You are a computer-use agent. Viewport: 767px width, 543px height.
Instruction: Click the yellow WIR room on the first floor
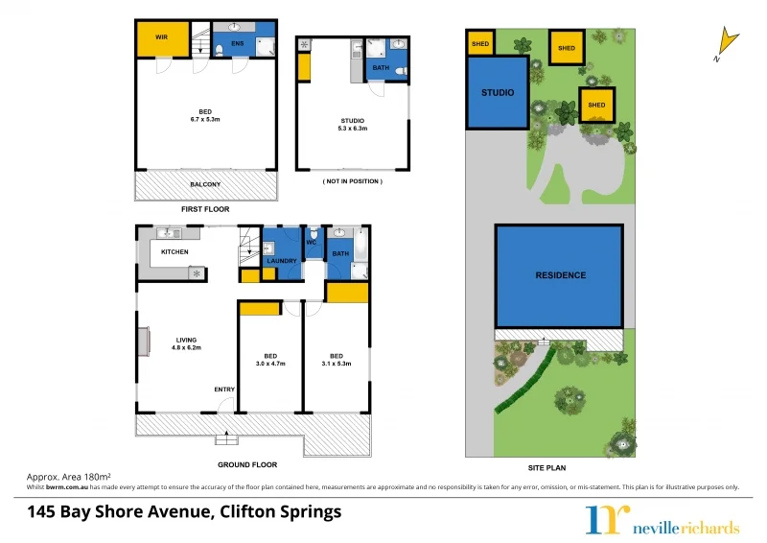[160, 39]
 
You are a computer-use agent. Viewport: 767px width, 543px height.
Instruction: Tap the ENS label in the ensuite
[237, 42]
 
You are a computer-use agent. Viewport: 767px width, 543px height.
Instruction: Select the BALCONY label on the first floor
[205, 184]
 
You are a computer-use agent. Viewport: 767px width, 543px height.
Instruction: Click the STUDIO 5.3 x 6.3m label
[352, 124]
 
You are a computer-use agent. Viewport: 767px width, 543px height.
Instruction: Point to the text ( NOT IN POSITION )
[352, 181]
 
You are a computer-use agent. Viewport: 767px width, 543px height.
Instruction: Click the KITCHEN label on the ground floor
[174, 252]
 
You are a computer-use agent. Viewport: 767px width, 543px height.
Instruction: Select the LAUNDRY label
[282, 261]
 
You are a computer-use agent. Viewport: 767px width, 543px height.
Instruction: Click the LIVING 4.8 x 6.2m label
[187, 343]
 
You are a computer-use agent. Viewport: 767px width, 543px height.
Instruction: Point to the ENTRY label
[224, 389]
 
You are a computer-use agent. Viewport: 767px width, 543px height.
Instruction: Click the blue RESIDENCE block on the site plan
[560, 275]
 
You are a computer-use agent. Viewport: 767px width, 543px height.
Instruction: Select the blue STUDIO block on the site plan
[498, 93]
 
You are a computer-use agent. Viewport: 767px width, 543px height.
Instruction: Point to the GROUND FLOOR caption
[246, 464]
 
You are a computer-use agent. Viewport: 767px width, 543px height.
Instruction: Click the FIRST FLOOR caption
[205, 208]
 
